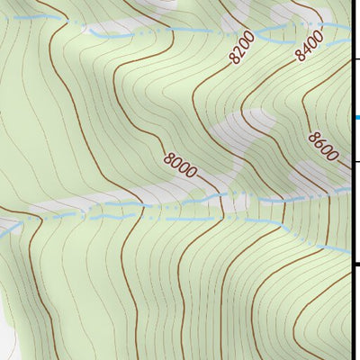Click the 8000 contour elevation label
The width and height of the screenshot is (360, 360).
click(x=180, y=166)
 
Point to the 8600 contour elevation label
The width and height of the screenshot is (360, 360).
click(x=322, y=146)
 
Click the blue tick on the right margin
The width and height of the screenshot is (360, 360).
click(x=356, y=117)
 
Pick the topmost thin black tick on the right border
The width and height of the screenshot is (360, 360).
click(x=355, y=58)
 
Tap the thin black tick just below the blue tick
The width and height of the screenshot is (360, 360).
click(x=355, y=161)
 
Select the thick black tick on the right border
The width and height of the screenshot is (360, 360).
click(x=355, y=265)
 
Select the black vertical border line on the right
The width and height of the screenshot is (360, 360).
click(x=351, y=207)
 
